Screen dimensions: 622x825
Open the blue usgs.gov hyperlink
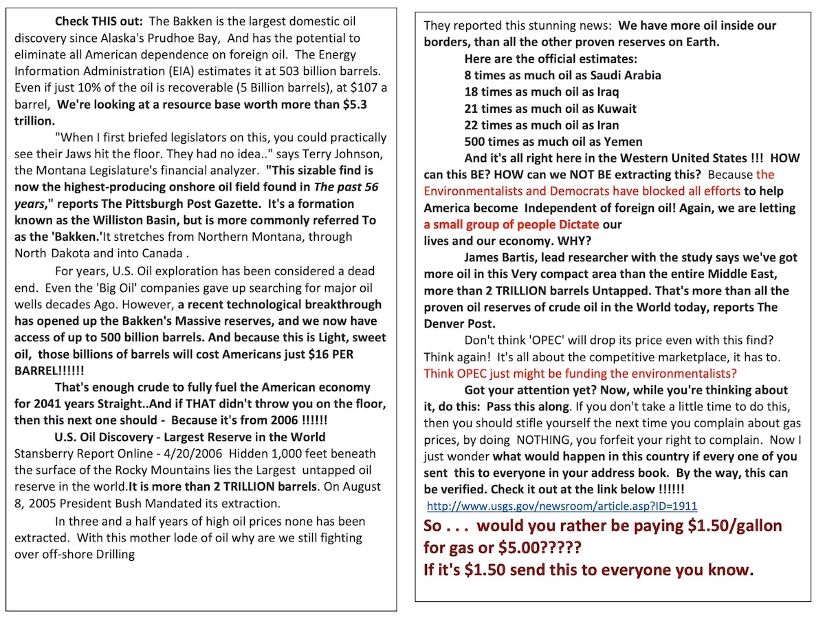coord(562,506)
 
